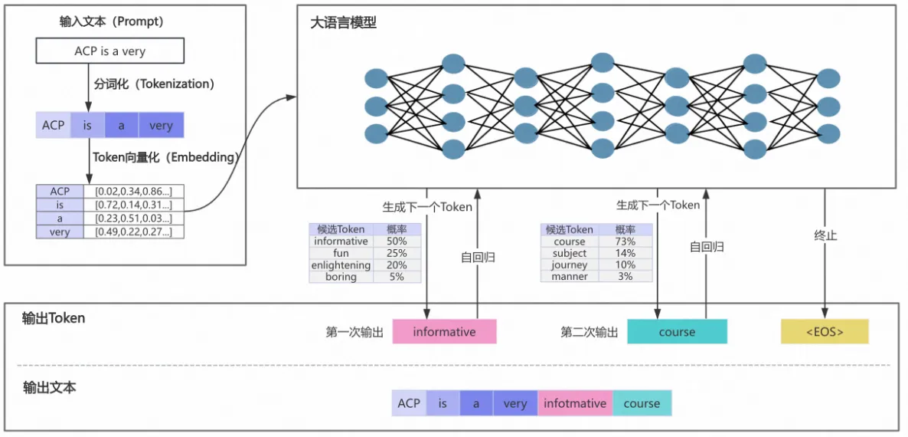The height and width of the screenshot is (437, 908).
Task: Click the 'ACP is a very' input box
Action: coord(109,51)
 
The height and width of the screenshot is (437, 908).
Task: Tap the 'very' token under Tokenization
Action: coord(161,125)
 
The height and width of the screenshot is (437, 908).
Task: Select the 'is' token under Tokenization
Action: coord(87,125)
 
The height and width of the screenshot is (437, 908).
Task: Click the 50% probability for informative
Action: coord(397,242)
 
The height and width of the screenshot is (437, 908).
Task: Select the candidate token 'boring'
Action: coord(341,277)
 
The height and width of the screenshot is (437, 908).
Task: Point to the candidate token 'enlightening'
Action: coord(341,265)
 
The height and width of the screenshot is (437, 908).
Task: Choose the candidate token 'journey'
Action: coord(569,265)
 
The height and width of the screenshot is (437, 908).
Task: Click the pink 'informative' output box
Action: coord(444,332)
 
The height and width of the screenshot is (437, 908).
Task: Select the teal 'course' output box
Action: coord(677,332)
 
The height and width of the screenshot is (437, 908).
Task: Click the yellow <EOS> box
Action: coord(825,332)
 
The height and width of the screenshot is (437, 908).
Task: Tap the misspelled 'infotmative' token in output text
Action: coord(575,403)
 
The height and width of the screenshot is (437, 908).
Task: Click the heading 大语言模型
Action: coord(343,23)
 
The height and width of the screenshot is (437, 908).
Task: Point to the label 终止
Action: coord(825,235)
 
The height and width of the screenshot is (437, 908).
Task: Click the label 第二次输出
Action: coord(590,332)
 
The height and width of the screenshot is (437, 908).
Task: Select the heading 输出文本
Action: coord(50,387)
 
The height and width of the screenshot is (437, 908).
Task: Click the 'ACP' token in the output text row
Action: coord(409,403)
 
